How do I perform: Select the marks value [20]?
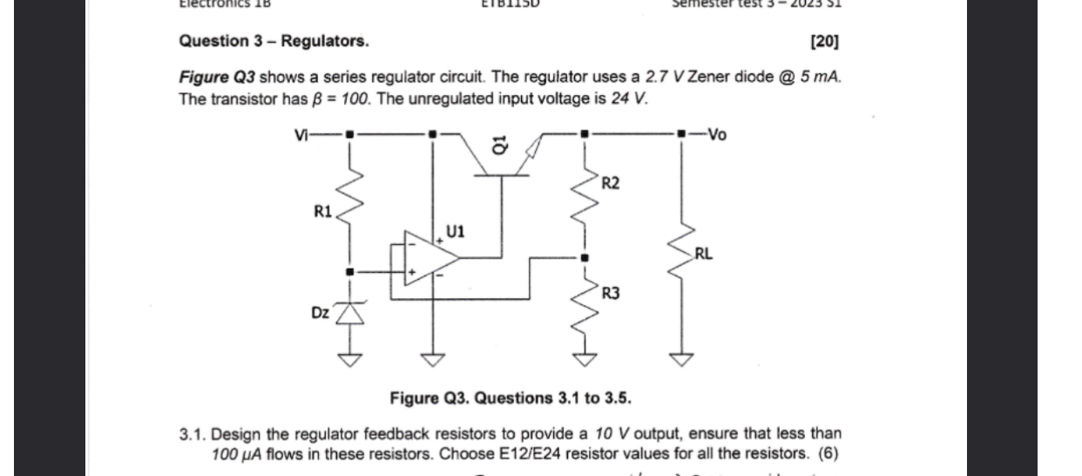coord(824,41)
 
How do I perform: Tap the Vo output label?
coord(715,134)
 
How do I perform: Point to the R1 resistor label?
coord(321,212)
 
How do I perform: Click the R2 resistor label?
coord(611,182)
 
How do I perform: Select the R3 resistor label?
coord(611,295)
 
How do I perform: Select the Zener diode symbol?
coord(349,313)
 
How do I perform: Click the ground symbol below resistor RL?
coord(681,357)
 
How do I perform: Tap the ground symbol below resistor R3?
coord(585,357)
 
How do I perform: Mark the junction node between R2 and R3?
coord(585,257)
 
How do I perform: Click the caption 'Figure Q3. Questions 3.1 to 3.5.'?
coord(511,398)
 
